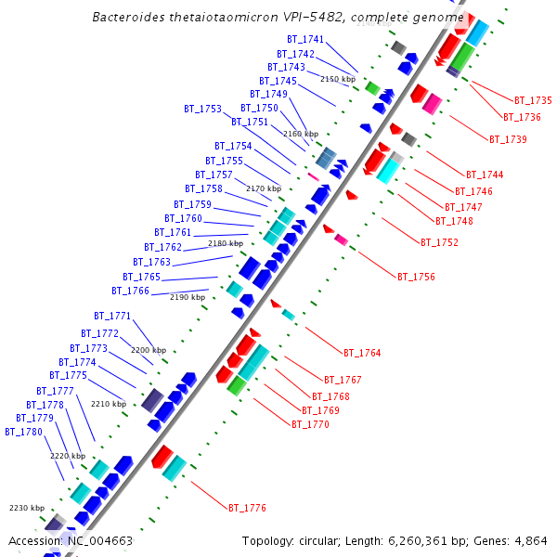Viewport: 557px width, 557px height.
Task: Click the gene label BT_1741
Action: pos(305,40)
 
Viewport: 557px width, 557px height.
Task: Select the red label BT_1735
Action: pos(533,100)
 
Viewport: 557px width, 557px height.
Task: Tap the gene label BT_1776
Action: pos(247,508)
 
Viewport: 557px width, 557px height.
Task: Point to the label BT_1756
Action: pos(416,277)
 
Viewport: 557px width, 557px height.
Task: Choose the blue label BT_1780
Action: pos(23,432)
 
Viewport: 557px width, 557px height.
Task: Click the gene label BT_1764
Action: pos(362,353)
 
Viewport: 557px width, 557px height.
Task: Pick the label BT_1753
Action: pos(203,109)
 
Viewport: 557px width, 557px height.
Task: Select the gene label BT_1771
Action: pos(112,317)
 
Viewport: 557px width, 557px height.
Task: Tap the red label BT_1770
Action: pos(310,424)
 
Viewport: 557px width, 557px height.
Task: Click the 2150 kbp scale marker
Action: pos(338,79)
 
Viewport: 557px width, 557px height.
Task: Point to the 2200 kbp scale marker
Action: pos(148,350)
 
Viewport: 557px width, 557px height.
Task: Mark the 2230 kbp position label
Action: pos(27,508)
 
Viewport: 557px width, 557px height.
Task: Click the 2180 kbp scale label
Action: pos(225,243)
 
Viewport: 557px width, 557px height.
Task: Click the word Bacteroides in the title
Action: pos(125,18)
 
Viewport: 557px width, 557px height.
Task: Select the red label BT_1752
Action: pos(439,242)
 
